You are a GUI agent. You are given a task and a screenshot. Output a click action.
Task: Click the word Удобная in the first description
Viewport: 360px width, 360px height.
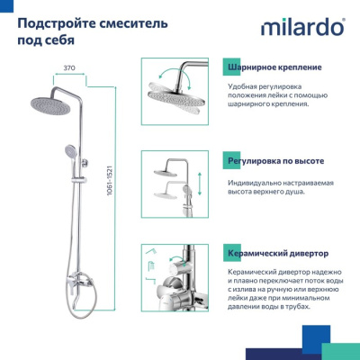[245, 85]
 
